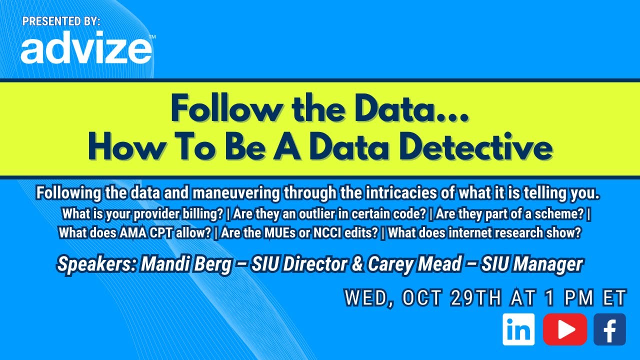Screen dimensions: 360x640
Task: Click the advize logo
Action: [86, 50]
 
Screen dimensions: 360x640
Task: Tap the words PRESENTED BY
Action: [61, 21]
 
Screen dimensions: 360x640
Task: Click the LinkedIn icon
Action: [518, 329]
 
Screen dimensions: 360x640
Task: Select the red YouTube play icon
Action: [564, 329]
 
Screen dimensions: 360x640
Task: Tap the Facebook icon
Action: [609, 329]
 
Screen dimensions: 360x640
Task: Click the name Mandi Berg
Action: [186, 264]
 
